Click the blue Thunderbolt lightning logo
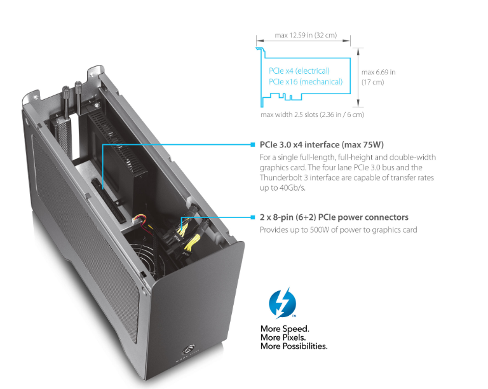click(x=283, y=303)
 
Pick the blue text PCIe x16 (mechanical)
click(x=306, y=81)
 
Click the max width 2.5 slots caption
click(x=312, y=115)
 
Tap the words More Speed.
click(x=285, y=329)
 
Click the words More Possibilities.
click(x=294, y=346)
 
